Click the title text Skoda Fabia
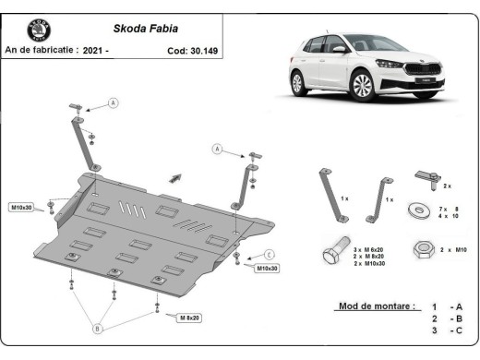tap(139, 28)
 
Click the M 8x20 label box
tap(188, 318)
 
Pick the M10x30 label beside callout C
tap(268, 269)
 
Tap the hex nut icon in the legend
tap(420, 248)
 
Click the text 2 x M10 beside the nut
tap(455, 249)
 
